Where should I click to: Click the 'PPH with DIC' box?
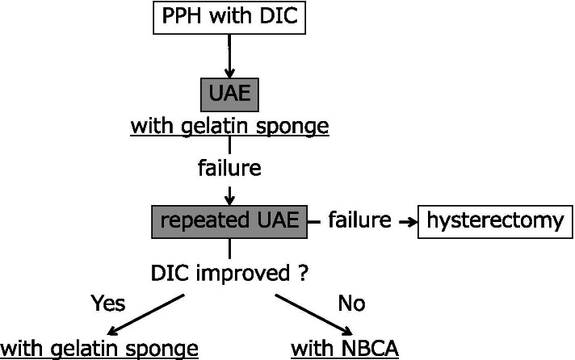click(230, 17)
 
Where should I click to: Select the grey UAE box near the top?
click(230, 95)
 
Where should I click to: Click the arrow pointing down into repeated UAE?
click(230, 194)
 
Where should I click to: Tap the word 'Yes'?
click(108, 303)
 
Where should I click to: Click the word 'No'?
click(351, 303)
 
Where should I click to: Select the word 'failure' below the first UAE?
click(229, 170)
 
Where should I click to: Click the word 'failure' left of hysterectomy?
click(359, 220)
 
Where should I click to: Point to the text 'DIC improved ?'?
click(229, 273)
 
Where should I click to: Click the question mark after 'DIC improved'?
click(302, 273)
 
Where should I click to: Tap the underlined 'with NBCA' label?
click(343, 349)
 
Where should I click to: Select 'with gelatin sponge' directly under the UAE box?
click(229, 127)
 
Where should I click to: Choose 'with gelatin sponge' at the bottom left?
click(99, 349)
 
